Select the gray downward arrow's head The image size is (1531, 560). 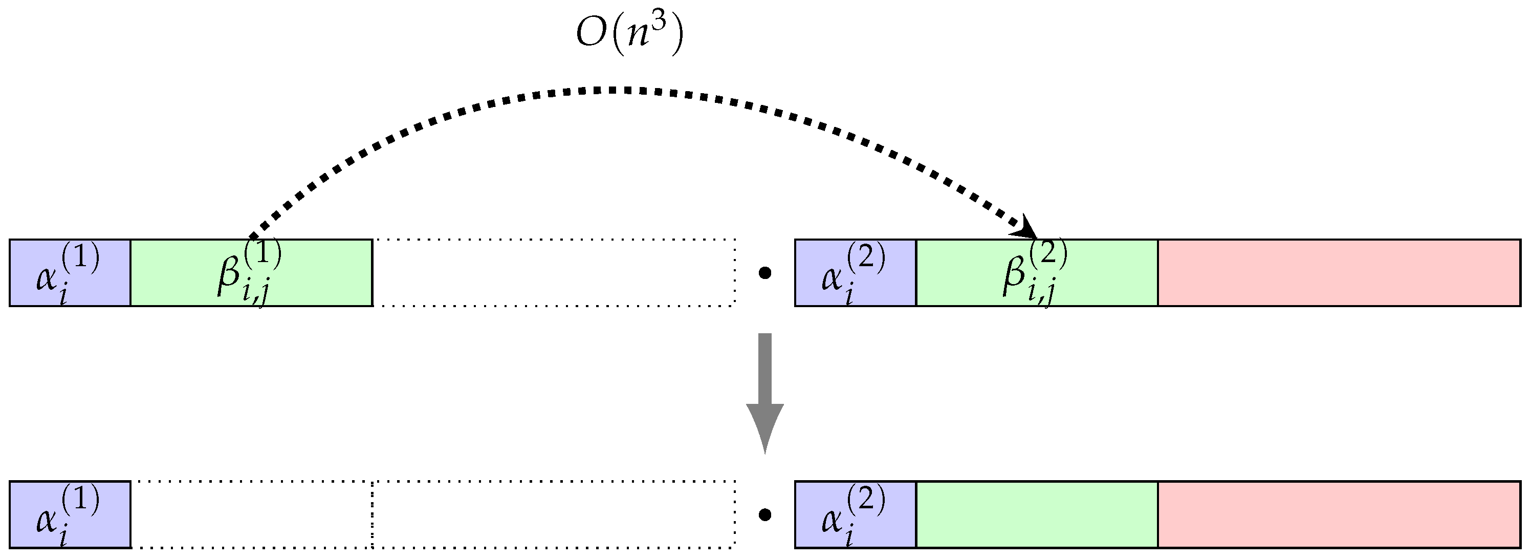tap(765, 425)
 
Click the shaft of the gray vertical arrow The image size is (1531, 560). tap(765, 369)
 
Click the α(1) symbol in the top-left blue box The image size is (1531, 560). tap(67, 273)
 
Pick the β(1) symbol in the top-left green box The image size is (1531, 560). tap(249, 273)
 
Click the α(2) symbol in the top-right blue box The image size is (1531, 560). tap(852, 273)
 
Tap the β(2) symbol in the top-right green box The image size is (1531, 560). tap(1034, 273)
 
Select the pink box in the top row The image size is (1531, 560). tap(1339, 273)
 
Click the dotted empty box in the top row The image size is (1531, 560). tap(554, 273)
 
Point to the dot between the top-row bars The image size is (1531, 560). tap(765, 273)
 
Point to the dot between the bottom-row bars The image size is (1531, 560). tap(765, 515)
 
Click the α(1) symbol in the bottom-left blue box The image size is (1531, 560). tap(67, 515)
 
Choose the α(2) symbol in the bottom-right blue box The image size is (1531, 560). tap(852, 515)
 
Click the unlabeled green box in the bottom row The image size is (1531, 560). tap(1037, 514)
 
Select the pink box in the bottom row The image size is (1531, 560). tap(1339, 514)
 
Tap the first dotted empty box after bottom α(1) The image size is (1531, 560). tap(251, 514)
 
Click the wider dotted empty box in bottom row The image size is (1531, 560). tap(554, 514)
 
